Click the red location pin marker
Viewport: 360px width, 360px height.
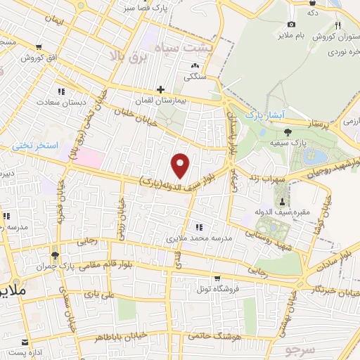[181, 165]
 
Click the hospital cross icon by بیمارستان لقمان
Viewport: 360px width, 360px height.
[161, 89]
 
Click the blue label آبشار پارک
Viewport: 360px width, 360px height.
[262, 113]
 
